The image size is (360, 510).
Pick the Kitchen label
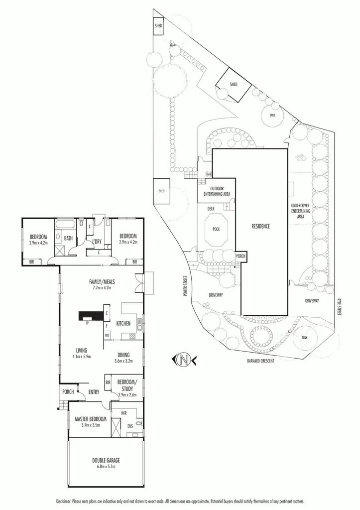pos(123,324)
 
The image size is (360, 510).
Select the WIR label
pos(117,413)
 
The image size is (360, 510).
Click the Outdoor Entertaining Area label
pos(216,191)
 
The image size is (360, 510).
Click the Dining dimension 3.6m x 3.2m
pos(124,361)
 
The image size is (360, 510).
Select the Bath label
pos(68,239)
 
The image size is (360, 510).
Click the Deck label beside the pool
pos(211,209)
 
